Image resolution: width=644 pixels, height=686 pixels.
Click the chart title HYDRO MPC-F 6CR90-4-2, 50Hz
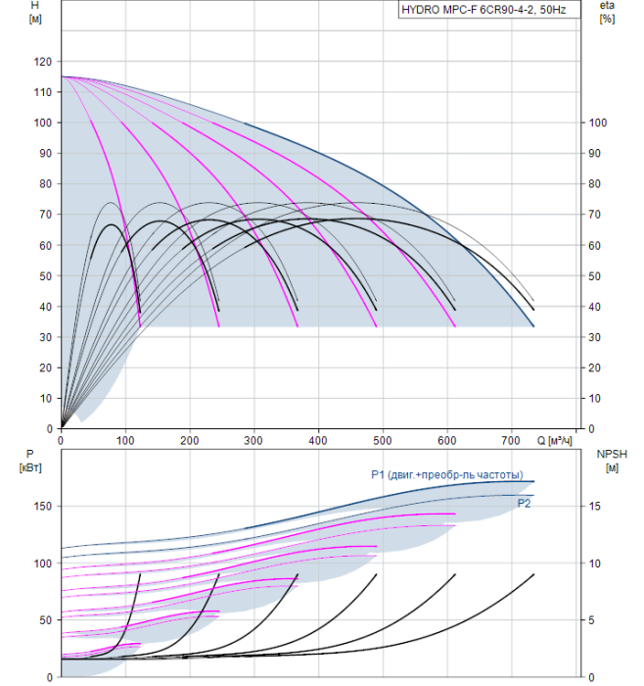483,10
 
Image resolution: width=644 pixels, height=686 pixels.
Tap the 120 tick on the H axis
43,62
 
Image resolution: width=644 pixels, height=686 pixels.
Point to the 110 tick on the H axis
43,92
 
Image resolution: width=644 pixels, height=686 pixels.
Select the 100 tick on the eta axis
598,122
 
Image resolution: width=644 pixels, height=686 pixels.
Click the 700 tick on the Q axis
511,440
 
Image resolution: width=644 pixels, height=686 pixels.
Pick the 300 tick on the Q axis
253,440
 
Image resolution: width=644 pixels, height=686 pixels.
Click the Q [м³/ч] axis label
554,440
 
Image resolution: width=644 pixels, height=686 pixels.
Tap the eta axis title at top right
607,12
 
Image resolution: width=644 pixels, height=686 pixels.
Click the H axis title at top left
35,12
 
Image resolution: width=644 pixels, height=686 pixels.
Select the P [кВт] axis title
30,461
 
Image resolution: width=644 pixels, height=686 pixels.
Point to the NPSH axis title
612,461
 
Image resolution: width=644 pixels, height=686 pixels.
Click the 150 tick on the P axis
43,507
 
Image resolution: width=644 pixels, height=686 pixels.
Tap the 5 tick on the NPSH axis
591,620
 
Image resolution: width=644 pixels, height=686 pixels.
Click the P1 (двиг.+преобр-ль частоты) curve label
447,475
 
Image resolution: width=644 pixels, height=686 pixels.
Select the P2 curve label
524,504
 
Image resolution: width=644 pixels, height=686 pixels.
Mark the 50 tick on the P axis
46,620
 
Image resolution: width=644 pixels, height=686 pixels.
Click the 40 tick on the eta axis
594,307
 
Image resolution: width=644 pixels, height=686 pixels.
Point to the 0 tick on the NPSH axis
591,677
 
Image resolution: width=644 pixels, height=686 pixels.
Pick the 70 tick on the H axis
46,215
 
